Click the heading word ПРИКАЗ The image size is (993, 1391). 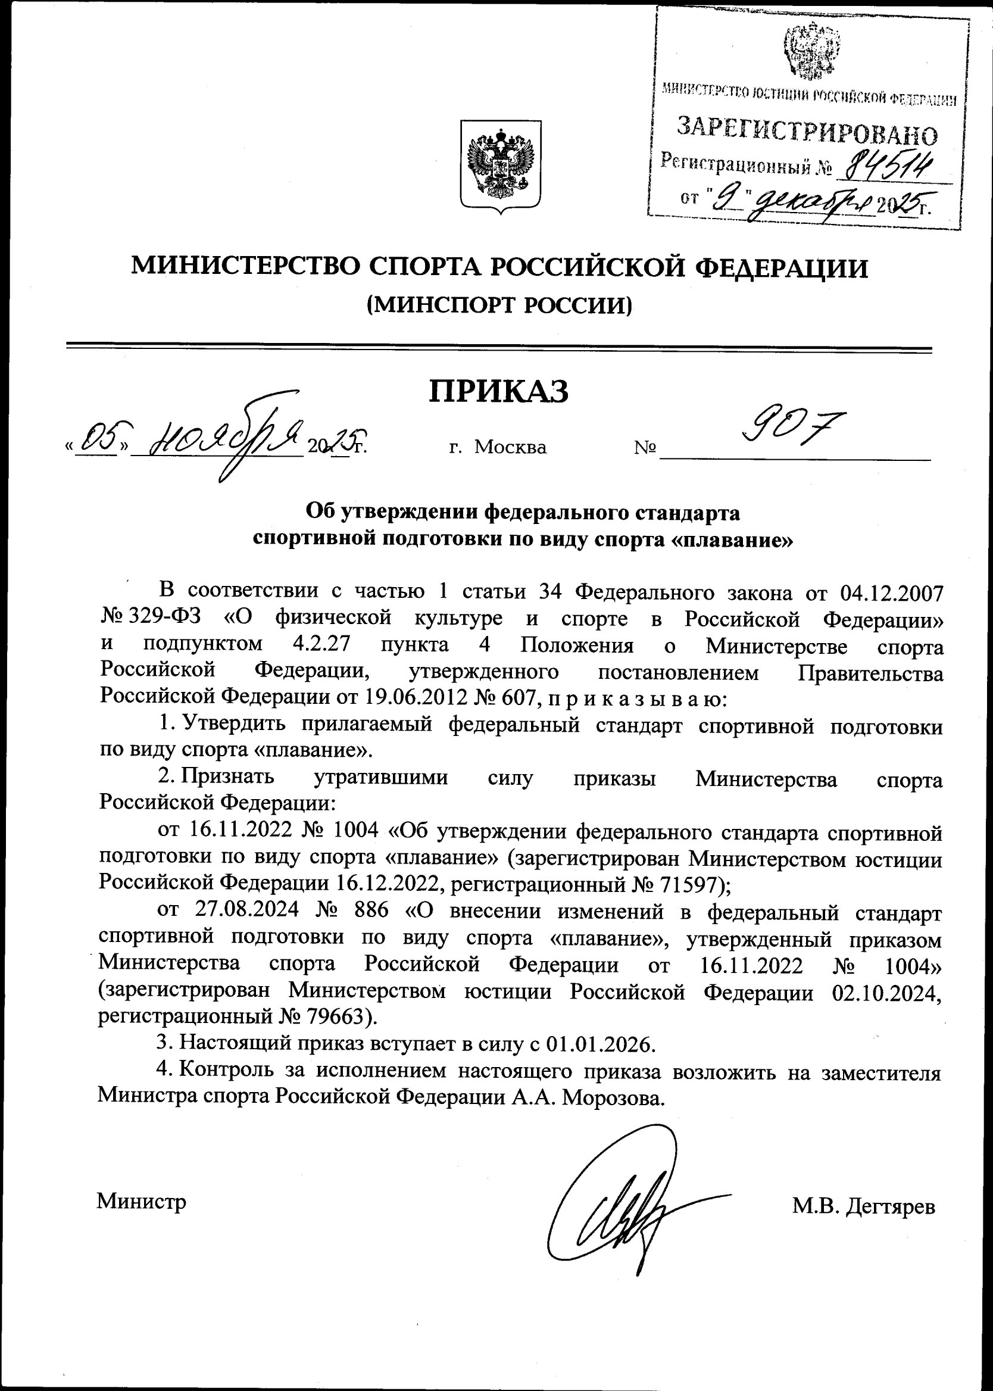pyautogui.click(x=498, y=391)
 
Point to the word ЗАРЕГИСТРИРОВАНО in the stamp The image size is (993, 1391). pyautogui.click(x=807, y=130)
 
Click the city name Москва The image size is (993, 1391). pyautogui.click(x=510, y=448)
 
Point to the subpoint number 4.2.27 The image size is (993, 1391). pyautogui.click(x=321, y=645)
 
